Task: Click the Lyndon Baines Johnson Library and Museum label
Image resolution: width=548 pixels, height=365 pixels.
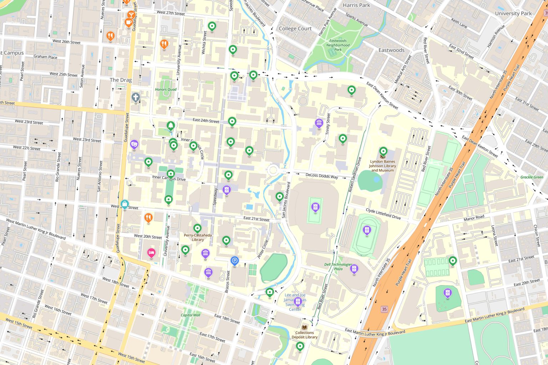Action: pos(382,166)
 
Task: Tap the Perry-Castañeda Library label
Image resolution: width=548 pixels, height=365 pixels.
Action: pos(198,237)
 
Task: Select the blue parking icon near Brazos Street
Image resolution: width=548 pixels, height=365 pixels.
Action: pos(234,261)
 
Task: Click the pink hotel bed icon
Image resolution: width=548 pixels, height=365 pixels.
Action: pos(151,253)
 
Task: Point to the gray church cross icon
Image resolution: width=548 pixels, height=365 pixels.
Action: pos(135,97)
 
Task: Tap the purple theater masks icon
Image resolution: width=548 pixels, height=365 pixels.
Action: pos(134,144)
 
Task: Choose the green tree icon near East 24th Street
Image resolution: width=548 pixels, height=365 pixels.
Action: pos(171,125)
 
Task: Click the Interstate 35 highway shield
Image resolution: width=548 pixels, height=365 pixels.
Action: pos(384,309)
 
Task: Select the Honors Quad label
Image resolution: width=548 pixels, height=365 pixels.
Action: pos(166,89)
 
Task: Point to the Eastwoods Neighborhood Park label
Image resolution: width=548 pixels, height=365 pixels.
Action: pos(338,45)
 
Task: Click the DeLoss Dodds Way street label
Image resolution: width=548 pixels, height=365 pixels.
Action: pos(321,176)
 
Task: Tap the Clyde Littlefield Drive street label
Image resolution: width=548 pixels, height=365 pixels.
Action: pos(383,214)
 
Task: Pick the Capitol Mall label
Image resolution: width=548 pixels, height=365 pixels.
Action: pos(191,315)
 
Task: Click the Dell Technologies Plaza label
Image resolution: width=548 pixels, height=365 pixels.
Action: pos(338,267)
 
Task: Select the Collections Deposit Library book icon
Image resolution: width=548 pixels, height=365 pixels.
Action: pos(304,327)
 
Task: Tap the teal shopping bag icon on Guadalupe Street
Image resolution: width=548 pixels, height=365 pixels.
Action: pos(124,204)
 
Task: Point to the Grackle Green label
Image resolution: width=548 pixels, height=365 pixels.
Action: pos(532,177)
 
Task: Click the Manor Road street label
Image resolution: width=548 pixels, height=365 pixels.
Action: pos(474,217)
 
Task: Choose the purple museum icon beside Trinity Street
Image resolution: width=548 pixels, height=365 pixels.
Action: pos(319,123)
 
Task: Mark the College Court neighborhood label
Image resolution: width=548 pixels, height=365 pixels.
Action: pos(295,29)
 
